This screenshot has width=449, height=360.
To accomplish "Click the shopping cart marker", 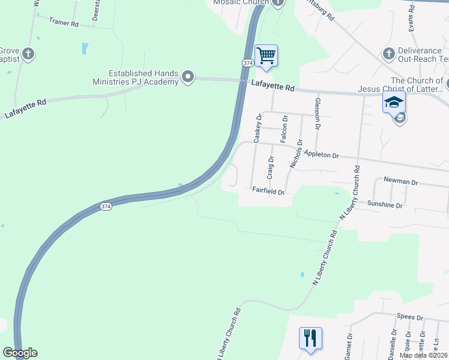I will [x=266, y=56].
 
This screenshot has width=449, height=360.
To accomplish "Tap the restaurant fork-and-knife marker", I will [x=310, y=338].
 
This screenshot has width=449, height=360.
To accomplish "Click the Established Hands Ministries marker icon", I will [x=188, y=76].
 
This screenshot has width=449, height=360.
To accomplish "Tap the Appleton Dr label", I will [x=321, y=154].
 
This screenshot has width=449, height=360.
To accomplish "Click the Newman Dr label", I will [x=400, y=181].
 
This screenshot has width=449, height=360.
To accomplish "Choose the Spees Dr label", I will [x=410, y=317].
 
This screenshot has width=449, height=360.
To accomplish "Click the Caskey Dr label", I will [x=258, y=128].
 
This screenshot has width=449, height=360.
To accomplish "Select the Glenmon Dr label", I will [x=317, y=113].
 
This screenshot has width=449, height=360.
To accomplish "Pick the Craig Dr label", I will [x=271, y=168].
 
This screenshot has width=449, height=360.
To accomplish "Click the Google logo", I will [x=20, y=353].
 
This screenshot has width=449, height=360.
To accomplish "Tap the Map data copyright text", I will [x=424, y=355].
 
